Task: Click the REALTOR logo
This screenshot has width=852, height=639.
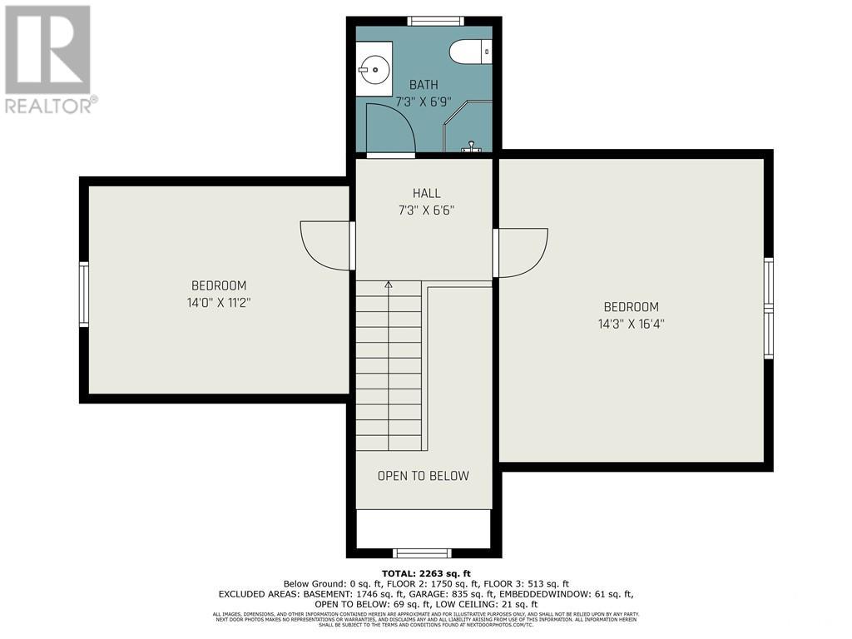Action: tap(50, 58)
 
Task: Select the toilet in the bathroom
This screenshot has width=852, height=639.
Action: tap(470, 52)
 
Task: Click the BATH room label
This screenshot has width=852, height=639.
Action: tap(423, 85)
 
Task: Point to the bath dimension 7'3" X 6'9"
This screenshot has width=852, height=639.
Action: tap(423, 102)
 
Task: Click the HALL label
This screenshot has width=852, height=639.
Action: tap(426, 194)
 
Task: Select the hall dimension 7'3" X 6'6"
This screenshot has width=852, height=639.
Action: tap(426, 211)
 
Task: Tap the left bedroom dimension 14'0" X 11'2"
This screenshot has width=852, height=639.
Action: tap(218, 303)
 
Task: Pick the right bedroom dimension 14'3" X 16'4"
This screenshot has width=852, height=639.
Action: tap(631, 324)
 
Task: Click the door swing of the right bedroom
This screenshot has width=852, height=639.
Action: tap(522, 251)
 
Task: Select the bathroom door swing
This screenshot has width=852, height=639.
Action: tap(389, 129)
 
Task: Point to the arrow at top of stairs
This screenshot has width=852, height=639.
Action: tap(389, 285)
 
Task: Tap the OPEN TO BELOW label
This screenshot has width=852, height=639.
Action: tap(423, 476)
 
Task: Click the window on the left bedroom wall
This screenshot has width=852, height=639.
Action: tap(83, 294)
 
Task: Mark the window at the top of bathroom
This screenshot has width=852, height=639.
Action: tap(435, 21)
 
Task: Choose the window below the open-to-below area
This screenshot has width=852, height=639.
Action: tap(422, 552)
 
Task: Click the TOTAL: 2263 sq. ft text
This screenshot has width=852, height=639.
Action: tap(425, 572)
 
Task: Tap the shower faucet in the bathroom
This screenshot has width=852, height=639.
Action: tap(472, 146)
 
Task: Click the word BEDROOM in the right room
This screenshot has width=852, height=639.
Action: tap(631, 307)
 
